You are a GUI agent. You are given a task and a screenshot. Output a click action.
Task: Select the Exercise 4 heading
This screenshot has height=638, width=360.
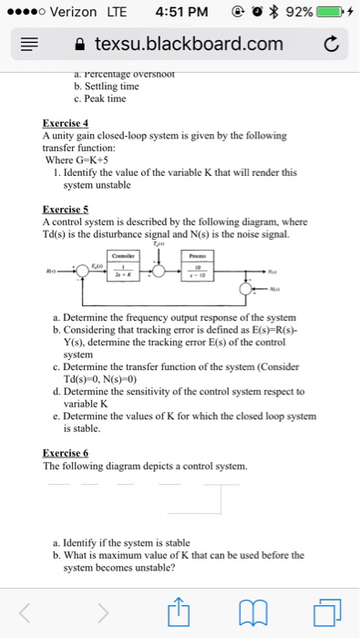click(65, 122)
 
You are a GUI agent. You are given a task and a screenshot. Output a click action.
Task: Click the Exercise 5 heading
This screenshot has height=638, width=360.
click(65, 209)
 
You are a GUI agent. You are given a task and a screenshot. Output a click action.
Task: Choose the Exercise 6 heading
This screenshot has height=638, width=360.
click(65, 452)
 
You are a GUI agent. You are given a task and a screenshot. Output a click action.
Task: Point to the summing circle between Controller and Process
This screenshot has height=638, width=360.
click(161, 271)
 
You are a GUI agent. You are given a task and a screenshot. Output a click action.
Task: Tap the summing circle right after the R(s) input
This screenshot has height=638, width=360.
click(83, 271)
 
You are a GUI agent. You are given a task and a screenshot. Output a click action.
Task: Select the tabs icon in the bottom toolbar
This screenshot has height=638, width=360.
click(324, 610)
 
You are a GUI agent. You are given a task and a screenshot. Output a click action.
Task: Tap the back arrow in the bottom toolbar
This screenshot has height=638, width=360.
click(35, 610)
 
